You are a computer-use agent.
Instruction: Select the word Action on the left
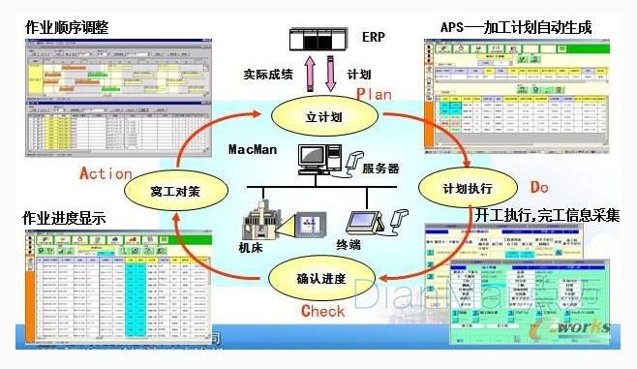(106, 173)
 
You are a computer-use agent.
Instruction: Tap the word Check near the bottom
(322, 311)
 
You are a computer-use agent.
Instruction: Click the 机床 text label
(254, 249)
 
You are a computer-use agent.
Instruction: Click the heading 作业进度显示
(64, 219)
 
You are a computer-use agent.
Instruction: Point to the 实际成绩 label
(267, 74)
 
